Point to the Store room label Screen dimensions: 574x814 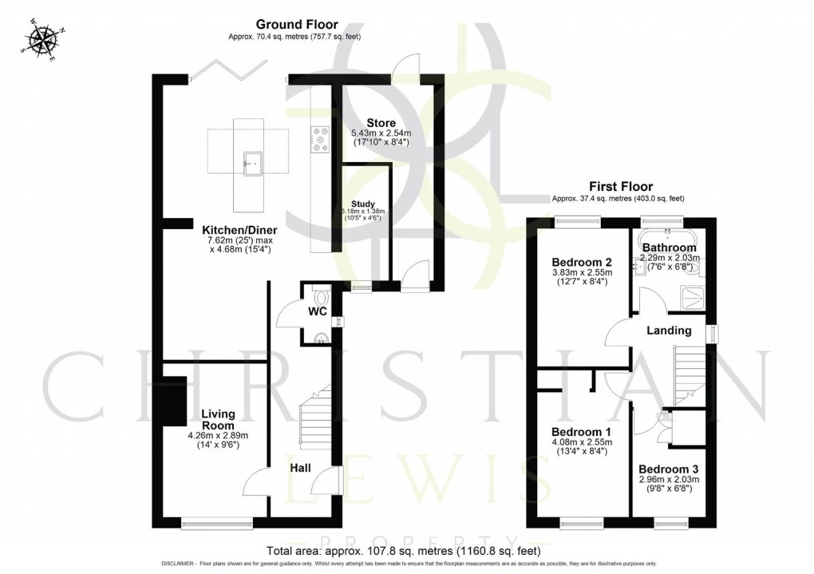(x=381, y=122)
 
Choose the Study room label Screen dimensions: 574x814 (x=364, y=204)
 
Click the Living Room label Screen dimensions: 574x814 (x=218, y=418)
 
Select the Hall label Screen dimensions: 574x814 (x=300, y=468)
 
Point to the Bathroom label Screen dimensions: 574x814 (x=670, y=247)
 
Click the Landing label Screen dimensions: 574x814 (x=668, y=331)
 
